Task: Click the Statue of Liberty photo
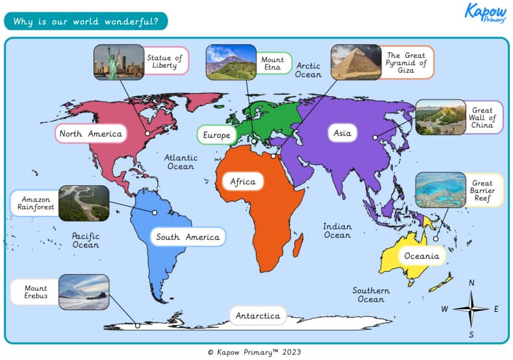[x=118, y=62]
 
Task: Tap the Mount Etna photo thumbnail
[x=231, y=62]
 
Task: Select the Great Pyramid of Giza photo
[x=356, y=62]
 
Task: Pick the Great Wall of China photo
[x=440, y=117]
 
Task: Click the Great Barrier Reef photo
[x=440, y=190]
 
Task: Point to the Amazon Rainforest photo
[x=84, y=203]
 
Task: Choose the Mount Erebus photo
[x=84, y=292]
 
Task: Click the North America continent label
[x=90, y=134]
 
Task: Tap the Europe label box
[x=216, y=135]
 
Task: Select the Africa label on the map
[x=243, y=181]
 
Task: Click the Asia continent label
[x=342, y=133]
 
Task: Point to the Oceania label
[x=421, y=255]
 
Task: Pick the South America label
[x=188, y=237]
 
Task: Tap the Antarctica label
[x=258, y=316]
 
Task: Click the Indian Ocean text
[x=338, y=231]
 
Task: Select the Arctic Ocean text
[x=308, y=70]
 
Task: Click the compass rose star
[x=471, y=309]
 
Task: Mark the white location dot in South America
[x=155, y=212]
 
